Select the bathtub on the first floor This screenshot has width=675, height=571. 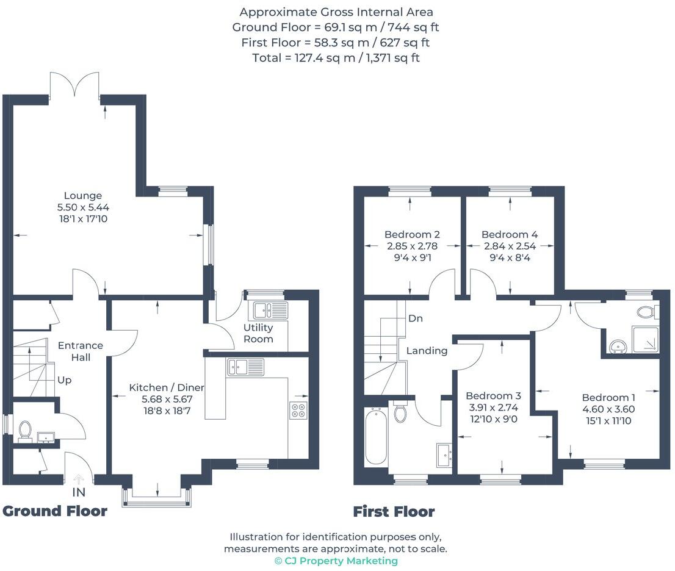(375, 437)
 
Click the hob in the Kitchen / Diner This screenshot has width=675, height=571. (298, 411)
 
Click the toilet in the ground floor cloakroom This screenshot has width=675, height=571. (25, 429)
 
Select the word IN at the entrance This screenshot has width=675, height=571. (78, 492)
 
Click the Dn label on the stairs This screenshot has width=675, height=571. (416, 318)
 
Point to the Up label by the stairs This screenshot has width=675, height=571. (64, 380)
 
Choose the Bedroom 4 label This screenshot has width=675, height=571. (509, 234)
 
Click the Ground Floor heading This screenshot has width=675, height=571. (55, 511)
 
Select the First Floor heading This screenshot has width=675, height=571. (394, 512)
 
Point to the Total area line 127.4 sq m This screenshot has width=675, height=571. (336, 58)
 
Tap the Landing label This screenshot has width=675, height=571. (427, 351)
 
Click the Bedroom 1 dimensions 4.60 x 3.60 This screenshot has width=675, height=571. (608, 409)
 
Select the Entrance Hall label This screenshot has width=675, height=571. (80, 351)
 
